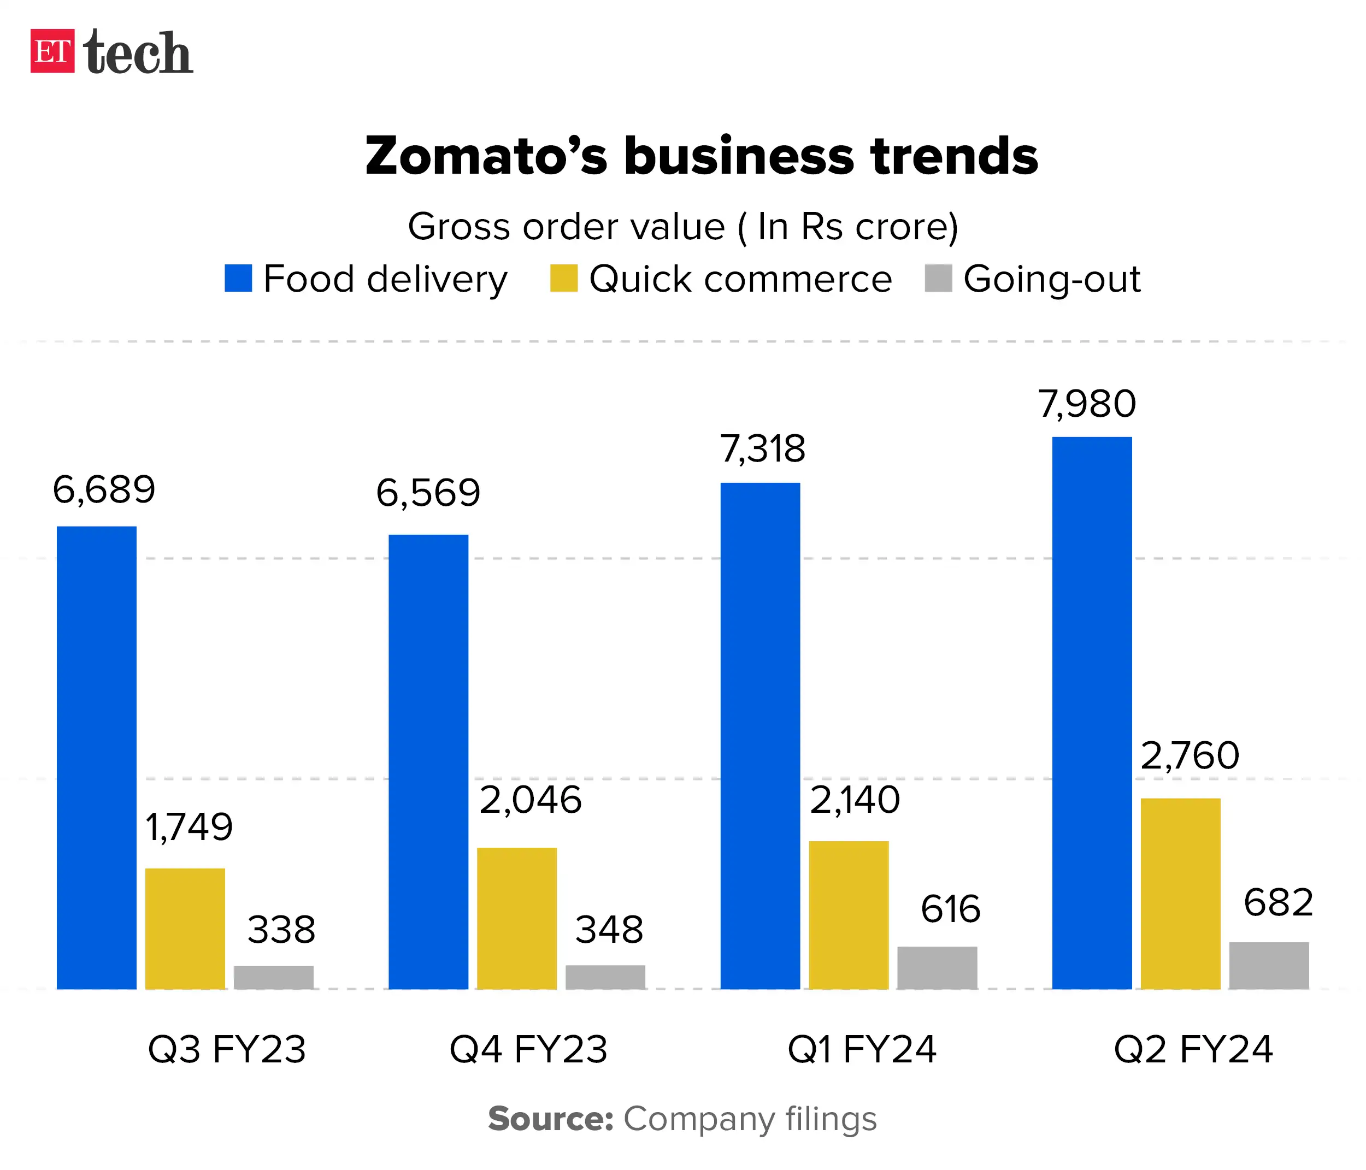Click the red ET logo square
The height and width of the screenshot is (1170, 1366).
(52, 51)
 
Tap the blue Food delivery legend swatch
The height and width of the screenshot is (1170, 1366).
(238, 278)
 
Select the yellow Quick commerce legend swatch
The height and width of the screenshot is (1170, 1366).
(564, 278)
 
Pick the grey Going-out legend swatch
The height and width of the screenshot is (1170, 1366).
(938, 278)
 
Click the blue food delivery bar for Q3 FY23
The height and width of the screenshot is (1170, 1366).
(96, 758)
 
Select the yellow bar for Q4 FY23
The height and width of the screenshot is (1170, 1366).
(517, 918)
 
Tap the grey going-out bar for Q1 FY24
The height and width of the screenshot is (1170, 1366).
(937, 968)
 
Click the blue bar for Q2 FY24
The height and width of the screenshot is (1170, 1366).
(1092, 712)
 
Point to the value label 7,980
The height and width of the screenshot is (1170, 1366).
(1087, 404)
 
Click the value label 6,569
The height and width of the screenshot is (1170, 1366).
(428, 493)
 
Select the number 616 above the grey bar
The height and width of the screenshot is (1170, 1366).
(950, 909)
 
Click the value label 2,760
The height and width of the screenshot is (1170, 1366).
(1190, 755)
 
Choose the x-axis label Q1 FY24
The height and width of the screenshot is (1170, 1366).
(862, 1049)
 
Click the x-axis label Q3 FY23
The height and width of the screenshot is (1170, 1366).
(227, 1049)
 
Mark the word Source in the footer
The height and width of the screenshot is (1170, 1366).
(550, 1119)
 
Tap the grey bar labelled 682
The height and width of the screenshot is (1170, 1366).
(1268, 965)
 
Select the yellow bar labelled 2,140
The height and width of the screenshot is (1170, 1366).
(849, 915)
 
